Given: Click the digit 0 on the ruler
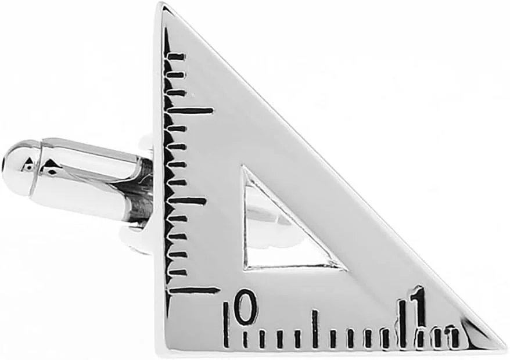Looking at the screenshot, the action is tap(246, 307).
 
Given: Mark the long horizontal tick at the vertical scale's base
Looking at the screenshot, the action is tap(193, 289).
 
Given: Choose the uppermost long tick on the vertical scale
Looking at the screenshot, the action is tap(191, 111).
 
